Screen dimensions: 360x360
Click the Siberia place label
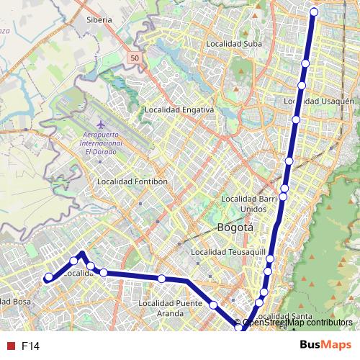point(99,20)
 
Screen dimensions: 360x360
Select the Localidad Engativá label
point(180,110)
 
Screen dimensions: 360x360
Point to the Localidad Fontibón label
point(132,181)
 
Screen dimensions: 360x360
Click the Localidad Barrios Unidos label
point(248,203)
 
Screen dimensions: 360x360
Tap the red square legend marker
point(10,346)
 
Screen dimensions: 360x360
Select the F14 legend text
point(30,346)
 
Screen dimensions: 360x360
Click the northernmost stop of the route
point(314,12)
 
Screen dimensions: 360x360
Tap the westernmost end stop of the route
point(48,277)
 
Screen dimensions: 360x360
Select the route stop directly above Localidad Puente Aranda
point(162,279)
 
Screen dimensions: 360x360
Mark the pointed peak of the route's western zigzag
point(82,253)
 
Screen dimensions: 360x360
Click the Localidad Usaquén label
point(326,102)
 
